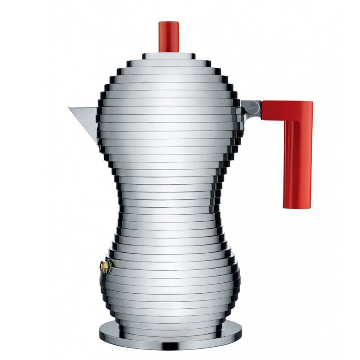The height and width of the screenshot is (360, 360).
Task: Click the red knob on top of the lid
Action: coord(169,37)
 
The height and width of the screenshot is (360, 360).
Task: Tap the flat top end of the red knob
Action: coord(169,22)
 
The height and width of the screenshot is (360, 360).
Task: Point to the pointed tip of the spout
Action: coord(70,108)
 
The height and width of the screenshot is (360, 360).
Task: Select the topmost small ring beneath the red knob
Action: coord(169,56)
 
